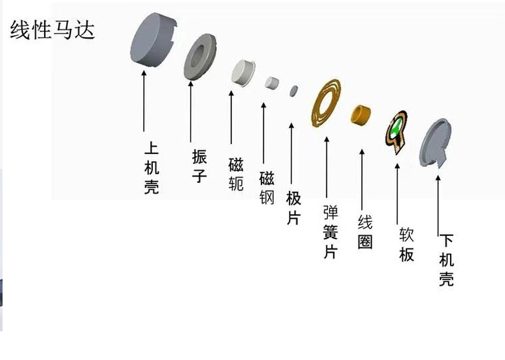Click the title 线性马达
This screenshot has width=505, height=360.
(52, 29)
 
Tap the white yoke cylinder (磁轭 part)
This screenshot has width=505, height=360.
(244, 73)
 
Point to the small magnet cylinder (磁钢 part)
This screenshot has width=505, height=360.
(272, 82)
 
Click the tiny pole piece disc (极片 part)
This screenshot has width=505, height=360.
(293, 90)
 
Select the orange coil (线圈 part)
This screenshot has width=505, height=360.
(362, 115)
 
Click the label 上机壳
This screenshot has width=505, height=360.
(151, 168)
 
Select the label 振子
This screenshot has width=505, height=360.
(199, 165)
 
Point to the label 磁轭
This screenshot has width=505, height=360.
(236, 174)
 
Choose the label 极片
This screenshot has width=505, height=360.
(293, 208)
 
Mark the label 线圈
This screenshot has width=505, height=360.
(365, 232)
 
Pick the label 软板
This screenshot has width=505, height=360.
(407, 244)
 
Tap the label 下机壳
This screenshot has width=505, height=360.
(446, 260)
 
